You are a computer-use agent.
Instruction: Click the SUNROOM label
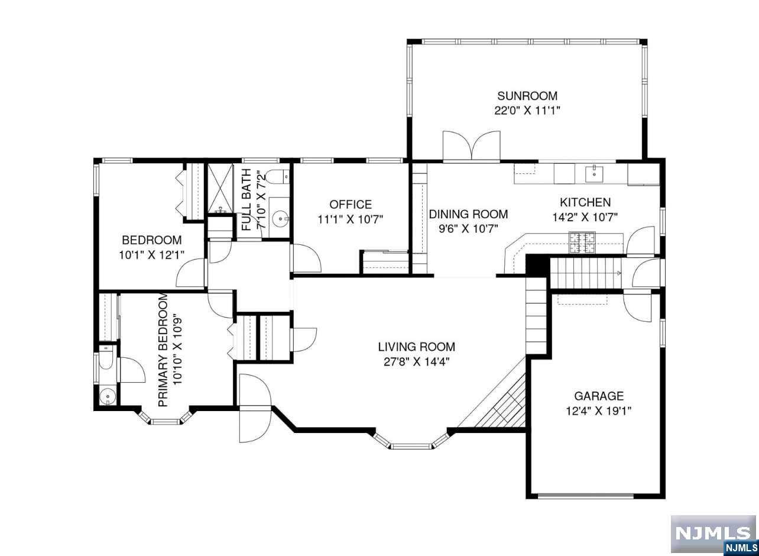pyautogui.click(x=527, y=96)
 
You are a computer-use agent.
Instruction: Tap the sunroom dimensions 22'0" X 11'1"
pyautogui.click(x=527, y=111)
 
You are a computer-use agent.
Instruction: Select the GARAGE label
pyautogui.click(x=599, y=396)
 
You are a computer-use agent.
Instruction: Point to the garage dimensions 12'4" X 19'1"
pyautogui.click(x=599, y=411)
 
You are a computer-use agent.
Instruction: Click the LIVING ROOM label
pyautogui.click(x=416, y=347)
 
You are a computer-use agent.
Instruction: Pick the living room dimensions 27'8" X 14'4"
pyautogui.click(x=416, y=362)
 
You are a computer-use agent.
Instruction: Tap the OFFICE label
pyautogui.click(x=351, y=205)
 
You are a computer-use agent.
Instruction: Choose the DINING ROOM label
pyautogui.click(x=468, y=214)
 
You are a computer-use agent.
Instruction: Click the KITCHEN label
pyautogui.click(x=585, y=202)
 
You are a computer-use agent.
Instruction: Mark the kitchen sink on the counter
pyautogui.click(x=595, y=173)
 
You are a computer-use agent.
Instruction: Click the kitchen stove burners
pyautogui.click(x=582, y=243)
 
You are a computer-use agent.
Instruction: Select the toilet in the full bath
pyautogui.click(x=277, y=177)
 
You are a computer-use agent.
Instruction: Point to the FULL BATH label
pyautogui.click(x=246, y=200)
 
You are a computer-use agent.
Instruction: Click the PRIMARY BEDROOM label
pyautogui.click(x=163, y=350)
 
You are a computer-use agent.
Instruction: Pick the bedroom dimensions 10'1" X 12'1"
pyautogui.click(x=151, y=255)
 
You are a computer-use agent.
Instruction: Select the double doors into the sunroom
pyautogui.click(x=471, y=145)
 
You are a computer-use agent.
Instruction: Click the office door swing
pyautogui.click(x=307, y=258)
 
